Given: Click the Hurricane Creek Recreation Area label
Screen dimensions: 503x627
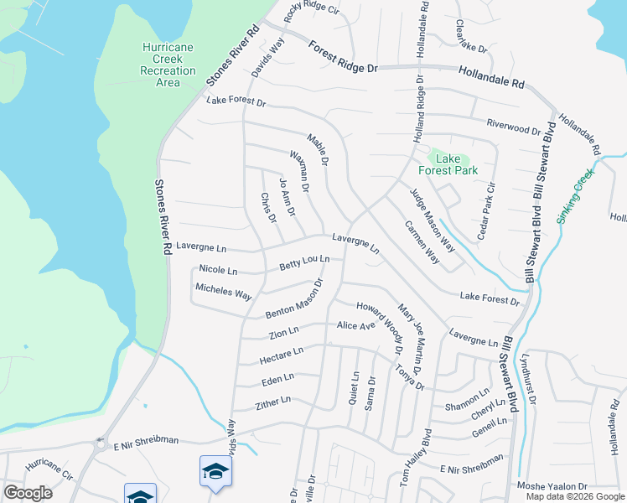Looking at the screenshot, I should (x=168, y=65).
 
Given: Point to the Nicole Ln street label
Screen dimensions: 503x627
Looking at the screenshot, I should (x=218, y=270).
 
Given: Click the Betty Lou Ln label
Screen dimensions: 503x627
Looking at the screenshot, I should (x=304, y=263).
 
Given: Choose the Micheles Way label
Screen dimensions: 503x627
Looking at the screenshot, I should (x=224, y=292).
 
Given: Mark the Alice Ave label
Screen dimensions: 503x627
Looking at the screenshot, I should (x=355, y=325).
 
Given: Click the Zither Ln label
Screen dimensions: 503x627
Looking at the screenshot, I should (x=273, y=403).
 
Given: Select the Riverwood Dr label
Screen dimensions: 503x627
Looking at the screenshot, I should (x=514, y=127).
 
